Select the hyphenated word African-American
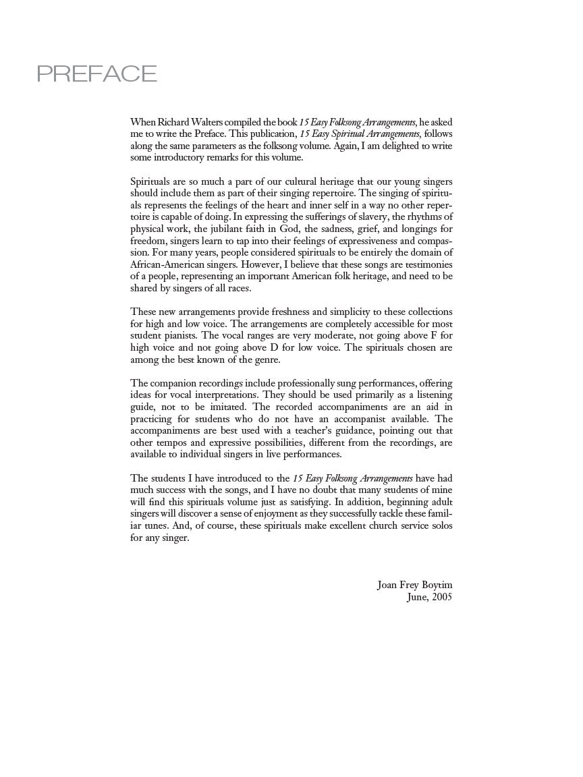tap(168, 264)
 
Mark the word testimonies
tap(426, 264)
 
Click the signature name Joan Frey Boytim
tap(414, 585)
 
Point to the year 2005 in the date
tap(441, 597)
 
